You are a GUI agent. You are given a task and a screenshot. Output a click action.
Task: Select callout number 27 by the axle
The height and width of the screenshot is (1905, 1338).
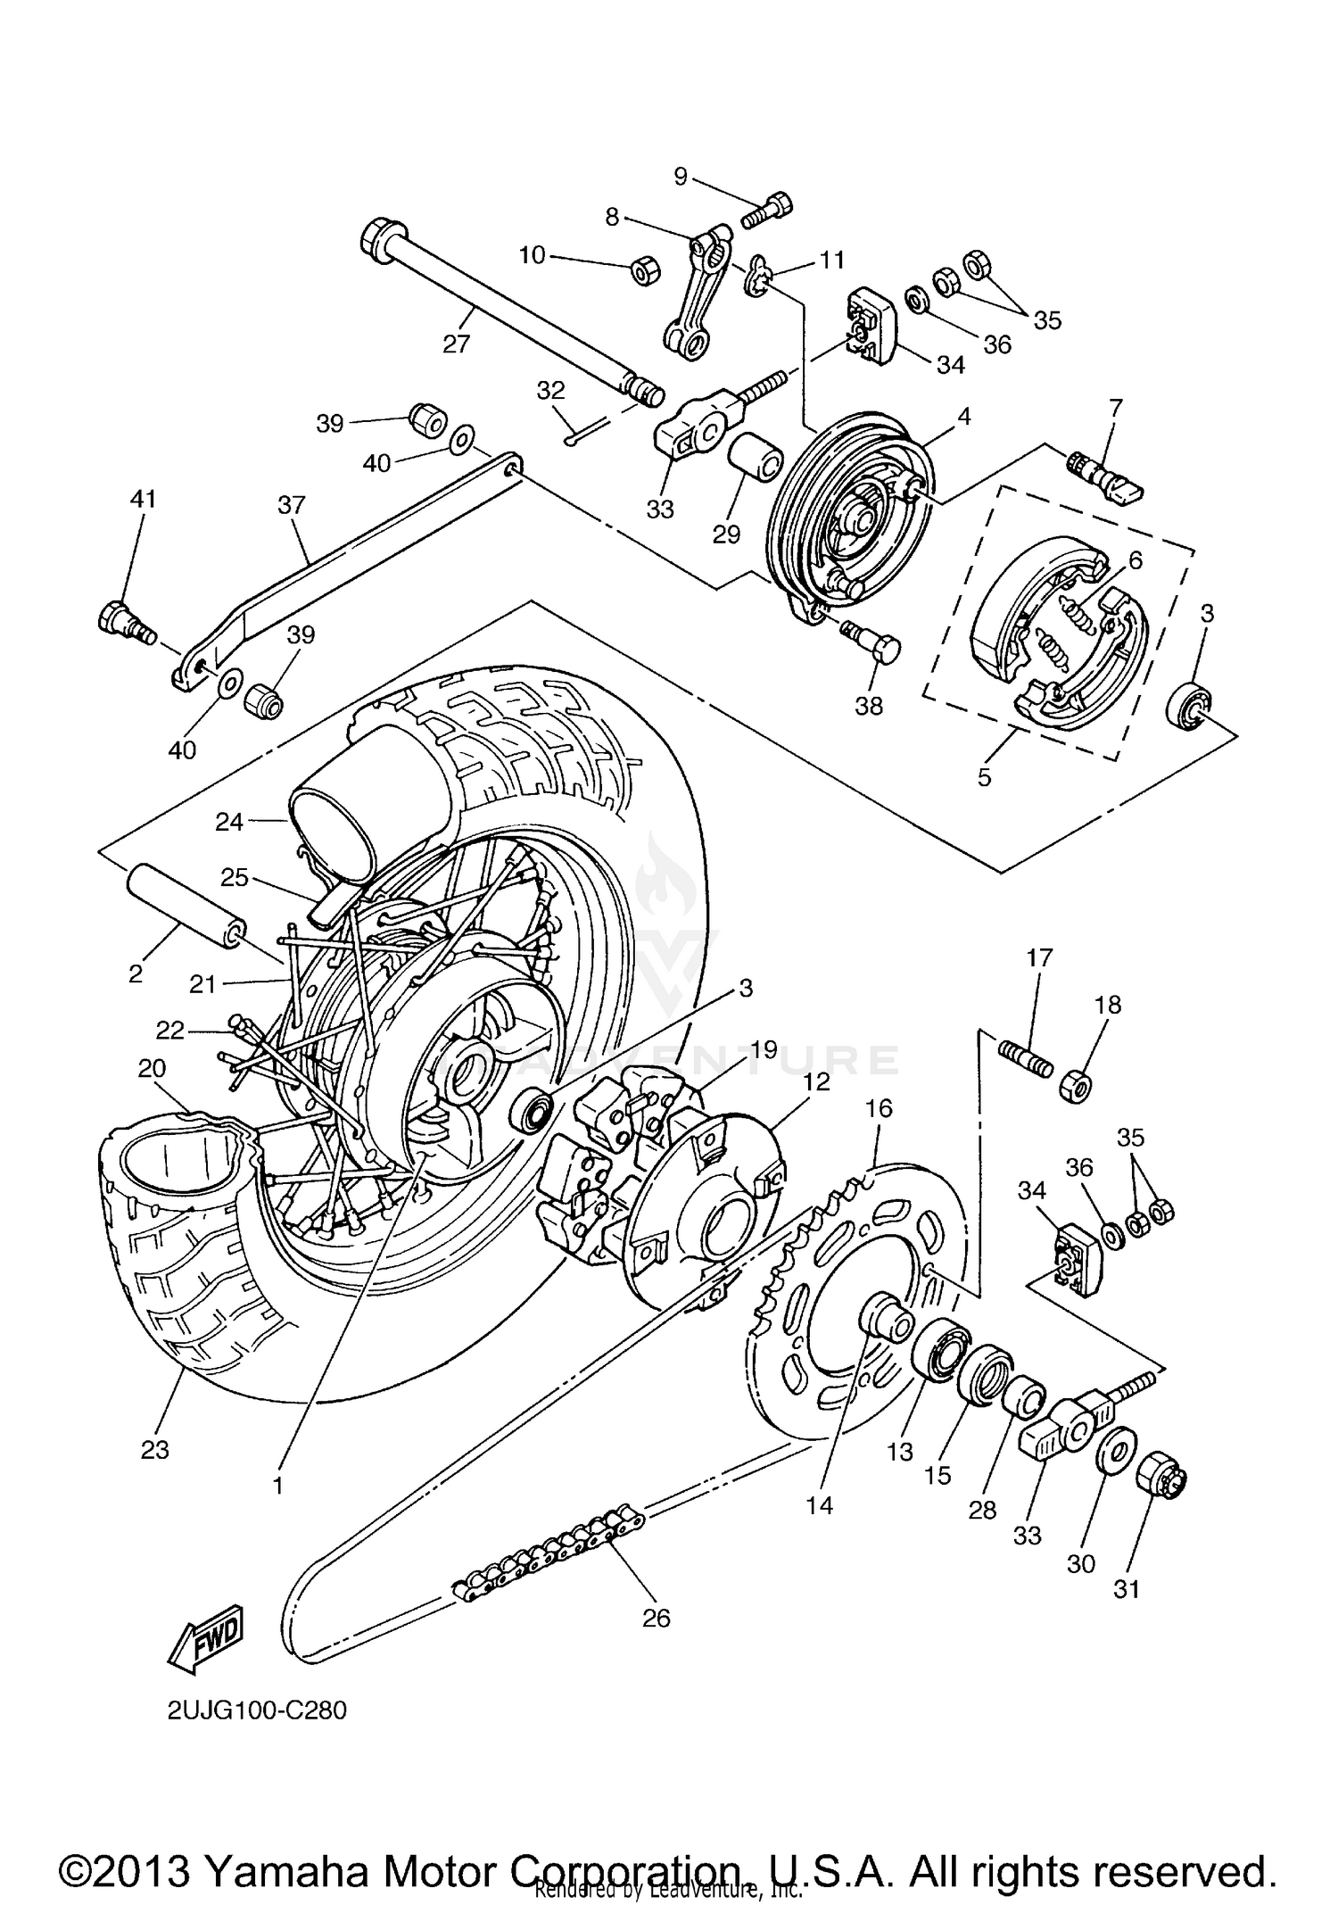[x=456, y=344]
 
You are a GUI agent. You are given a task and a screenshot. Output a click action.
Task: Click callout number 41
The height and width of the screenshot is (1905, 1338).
[x=143, y=499]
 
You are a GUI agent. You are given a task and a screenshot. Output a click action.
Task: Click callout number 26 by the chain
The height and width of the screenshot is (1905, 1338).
[x=656, y=1618]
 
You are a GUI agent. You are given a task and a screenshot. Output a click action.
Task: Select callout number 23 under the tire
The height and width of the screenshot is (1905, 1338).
[x=154, y=1450]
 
